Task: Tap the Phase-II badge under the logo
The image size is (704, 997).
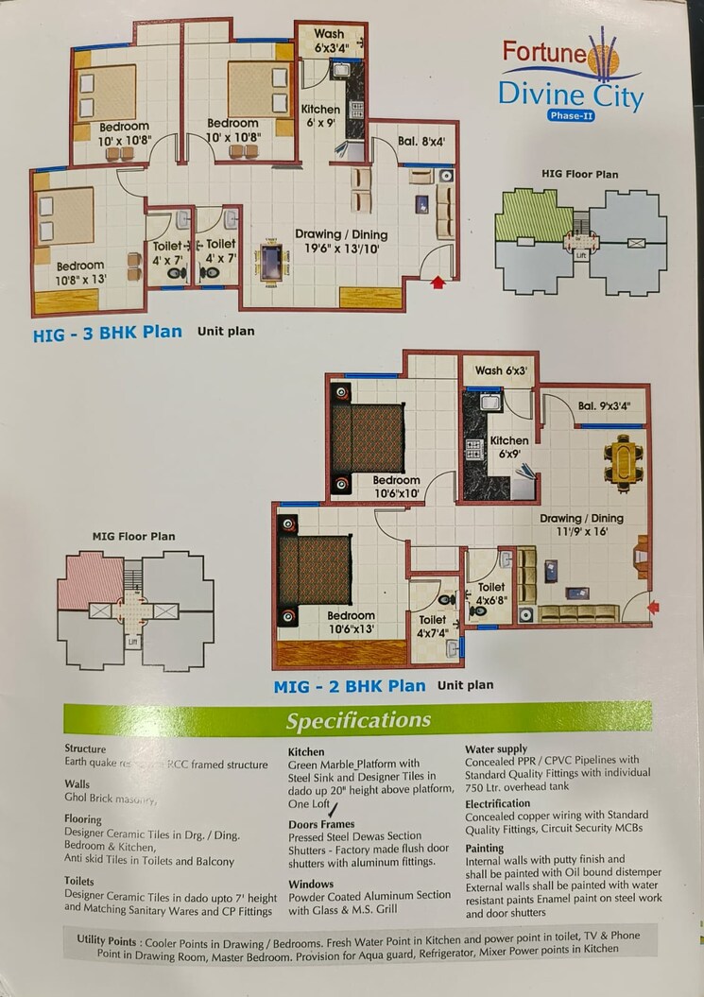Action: [572, 115]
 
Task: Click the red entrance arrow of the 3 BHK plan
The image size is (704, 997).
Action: [438, 281]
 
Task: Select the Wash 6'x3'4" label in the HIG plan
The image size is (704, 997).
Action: [329, 41]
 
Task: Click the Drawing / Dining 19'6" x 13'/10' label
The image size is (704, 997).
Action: [340, 241]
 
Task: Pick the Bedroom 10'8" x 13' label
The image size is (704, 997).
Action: [81, 272]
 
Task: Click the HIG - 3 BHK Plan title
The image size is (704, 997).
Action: [108, 333]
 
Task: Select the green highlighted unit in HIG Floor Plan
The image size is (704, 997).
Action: [535, 215]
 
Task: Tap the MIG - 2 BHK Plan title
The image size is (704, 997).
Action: [350, 686]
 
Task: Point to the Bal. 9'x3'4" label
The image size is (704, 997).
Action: [604, 406]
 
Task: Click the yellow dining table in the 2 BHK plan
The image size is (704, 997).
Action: [624, 462]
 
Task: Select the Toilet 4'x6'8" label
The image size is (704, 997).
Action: [490, 593]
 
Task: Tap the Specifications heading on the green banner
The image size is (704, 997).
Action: [360, 721]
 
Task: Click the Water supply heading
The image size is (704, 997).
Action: [496, 748]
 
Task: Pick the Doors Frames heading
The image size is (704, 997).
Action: [321, 824]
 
